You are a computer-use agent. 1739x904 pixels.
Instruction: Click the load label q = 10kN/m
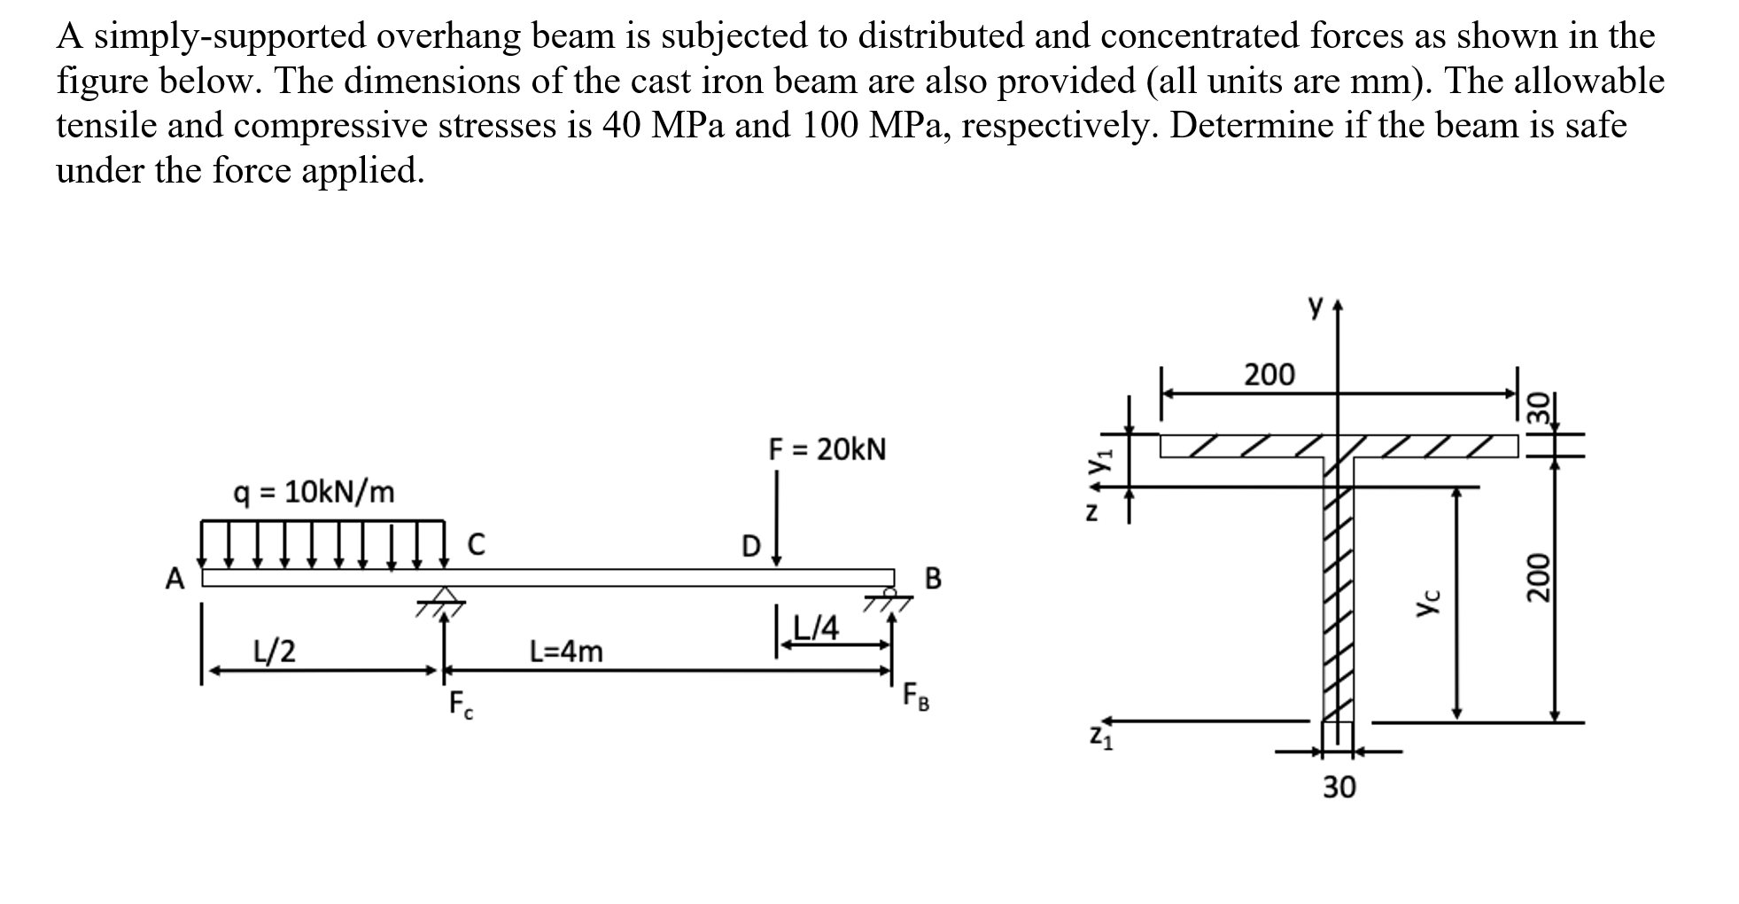click(314, 491)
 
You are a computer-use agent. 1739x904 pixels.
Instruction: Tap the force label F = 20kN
click(827, 449)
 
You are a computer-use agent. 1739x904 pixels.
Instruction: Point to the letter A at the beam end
click(175, 580)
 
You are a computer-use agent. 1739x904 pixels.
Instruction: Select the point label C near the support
click(476, 543)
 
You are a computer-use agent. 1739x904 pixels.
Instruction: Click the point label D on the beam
click(750, 546)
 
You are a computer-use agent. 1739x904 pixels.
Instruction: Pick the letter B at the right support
click(933, 580)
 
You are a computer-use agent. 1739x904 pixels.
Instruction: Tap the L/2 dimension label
click(275, 651)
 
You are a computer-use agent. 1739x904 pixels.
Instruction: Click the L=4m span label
click(566, 652)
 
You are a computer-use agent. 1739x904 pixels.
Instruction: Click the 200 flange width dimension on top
click(1269, 375)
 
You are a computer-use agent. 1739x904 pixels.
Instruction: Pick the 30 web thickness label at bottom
click(1339, 787)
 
